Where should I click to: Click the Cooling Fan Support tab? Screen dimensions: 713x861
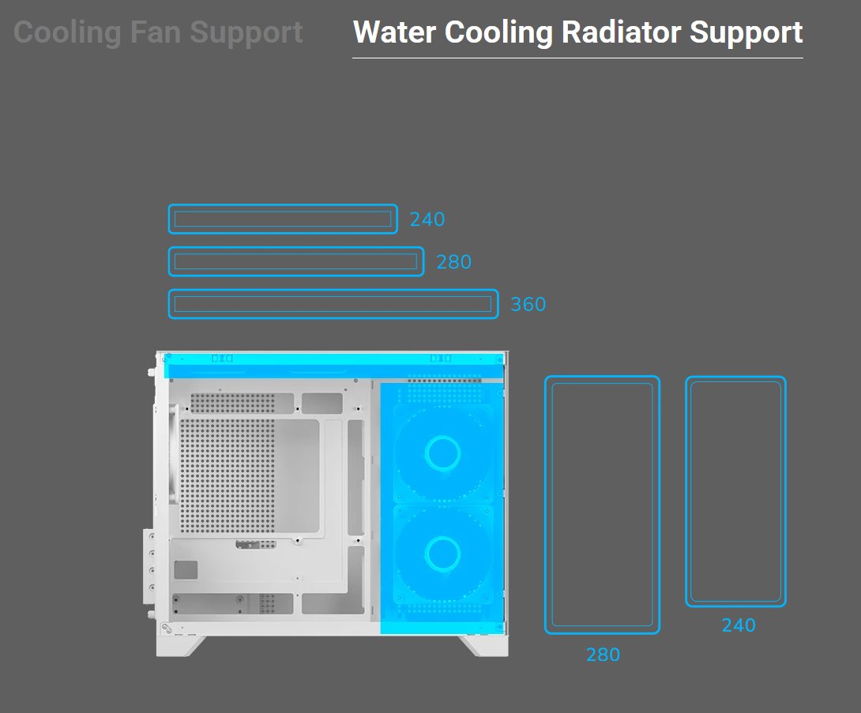(x=158, y=33)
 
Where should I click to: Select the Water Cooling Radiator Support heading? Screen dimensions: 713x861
(x=577, y=33)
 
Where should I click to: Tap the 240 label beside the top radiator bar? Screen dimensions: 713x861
(x=427, y=220)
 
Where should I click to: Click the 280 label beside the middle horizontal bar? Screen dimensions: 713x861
(x=454, y=262)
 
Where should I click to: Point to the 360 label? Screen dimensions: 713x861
(x=528, y=305)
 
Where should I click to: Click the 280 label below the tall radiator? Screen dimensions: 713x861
(x=603, y=655)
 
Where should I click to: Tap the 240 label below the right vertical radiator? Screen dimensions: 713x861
(x=739, y=625)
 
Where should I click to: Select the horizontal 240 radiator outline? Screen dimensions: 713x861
(x=283, y=219)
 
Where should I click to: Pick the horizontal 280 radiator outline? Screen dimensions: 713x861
(x=296, y=261)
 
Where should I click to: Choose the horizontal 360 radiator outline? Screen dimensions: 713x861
(x=333, y=304)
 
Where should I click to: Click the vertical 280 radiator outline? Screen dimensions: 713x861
(x=602, y=505)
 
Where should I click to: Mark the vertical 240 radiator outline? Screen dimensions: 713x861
(x=735, y=491)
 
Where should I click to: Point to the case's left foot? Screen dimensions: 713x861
(x=183, y=646)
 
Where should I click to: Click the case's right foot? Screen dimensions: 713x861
(x=483, y=646)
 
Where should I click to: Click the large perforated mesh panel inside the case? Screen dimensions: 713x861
(x=227, y=475)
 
